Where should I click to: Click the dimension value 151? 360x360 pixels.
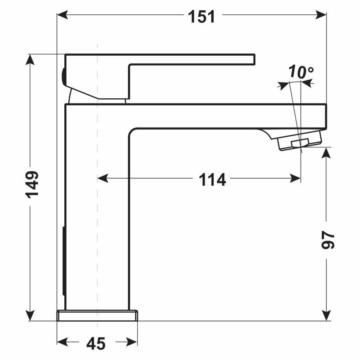point(202,17)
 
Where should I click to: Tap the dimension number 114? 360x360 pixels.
point(212,180)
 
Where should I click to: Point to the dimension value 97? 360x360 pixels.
point(328,239)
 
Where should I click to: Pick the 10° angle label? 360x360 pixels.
point(301,72)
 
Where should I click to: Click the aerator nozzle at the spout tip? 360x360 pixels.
point(300,143)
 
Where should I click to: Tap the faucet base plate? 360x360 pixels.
point(97,316)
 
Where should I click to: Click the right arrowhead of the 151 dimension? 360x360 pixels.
point(322,15)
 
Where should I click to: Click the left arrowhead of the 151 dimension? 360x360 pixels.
point(62,15)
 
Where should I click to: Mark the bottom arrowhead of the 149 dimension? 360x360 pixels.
point(30,316)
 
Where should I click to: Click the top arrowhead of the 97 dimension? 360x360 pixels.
point(327,152)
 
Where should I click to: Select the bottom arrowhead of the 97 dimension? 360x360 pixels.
point(327,316)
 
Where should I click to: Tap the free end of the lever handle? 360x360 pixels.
point(252,59)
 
